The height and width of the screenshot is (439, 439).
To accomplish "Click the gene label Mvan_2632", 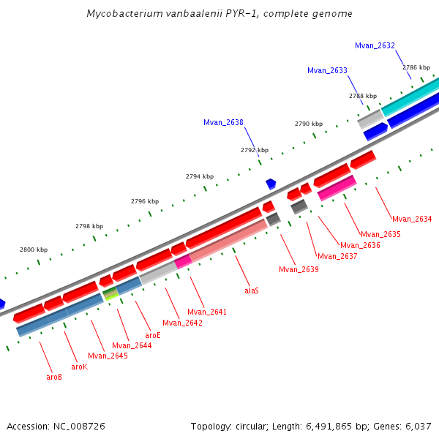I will (x=375, y=45).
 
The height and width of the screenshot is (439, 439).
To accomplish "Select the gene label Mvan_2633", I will (x=327, y=70).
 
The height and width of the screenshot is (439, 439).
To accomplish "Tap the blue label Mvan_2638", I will (x=223, y=122).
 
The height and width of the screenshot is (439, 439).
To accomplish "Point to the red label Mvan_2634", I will (x=412, y=219).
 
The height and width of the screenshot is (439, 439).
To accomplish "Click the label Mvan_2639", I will (x=299, y=269).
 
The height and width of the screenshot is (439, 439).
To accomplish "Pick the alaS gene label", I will (x=252, y=290).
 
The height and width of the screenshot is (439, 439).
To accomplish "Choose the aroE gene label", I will (x=152, y=335).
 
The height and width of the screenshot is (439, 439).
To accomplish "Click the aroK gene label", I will (x=79, y=367).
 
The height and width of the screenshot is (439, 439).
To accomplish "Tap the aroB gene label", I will (x=54, y=378).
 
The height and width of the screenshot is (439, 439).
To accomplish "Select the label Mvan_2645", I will (x=108, y=356).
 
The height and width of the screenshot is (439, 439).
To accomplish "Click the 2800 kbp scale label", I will (x=34, y=250).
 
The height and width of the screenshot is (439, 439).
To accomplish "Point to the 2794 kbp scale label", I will (x=200, y=176).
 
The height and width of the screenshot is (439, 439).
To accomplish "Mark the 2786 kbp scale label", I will (x=416, y=67).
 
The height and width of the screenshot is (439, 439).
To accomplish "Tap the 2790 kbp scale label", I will (x=308, y=124).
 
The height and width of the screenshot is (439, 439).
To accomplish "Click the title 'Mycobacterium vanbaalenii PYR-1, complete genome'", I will (x=219, y=14).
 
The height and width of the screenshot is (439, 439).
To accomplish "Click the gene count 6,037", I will (x=416, y=426).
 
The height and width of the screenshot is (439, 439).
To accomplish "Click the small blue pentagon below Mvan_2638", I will (x=271, y=184).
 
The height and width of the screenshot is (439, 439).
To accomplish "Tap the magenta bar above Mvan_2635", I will (x=337, y=188).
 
